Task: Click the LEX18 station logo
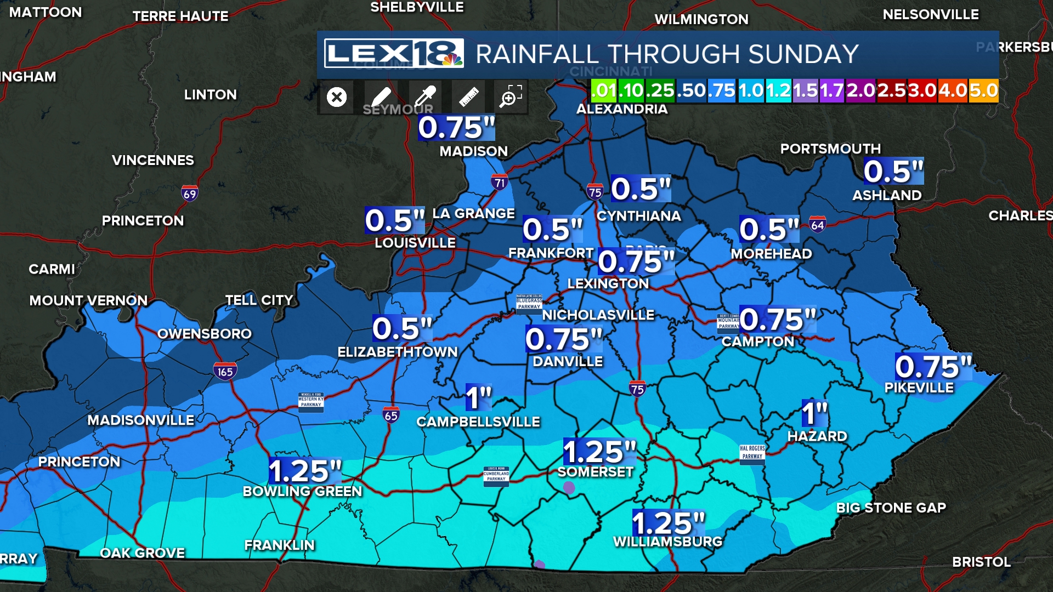(x=393, y=53)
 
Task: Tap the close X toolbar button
(x=337, y=98)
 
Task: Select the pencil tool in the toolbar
(x=381, y=98)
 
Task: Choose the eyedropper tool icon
(x=424, y=97)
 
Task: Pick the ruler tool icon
(x=468, y=98)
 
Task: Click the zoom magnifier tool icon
(x=511, y=97)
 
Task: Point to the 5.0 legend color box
(x=983, y=90)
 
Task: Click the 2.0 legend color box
(x=860, y=90)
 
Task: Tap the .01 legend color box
(x=604, y=90)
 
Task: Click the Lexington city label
(x=608, y=283)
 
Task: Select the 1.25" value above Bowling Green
(x=305, y=470)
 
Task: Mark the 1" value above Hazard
(x=814, y=413)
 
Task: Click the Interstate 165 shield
(x=225, y=372)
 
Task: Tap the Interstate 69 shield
(x=190, y=193)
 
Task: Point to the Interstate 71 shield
(x=500, y=183)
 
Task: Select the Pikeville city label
(x=919, y=388)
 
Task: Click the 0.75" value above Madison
(x=456, y=127)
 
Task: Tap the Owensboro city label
(x=205, y=334)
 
